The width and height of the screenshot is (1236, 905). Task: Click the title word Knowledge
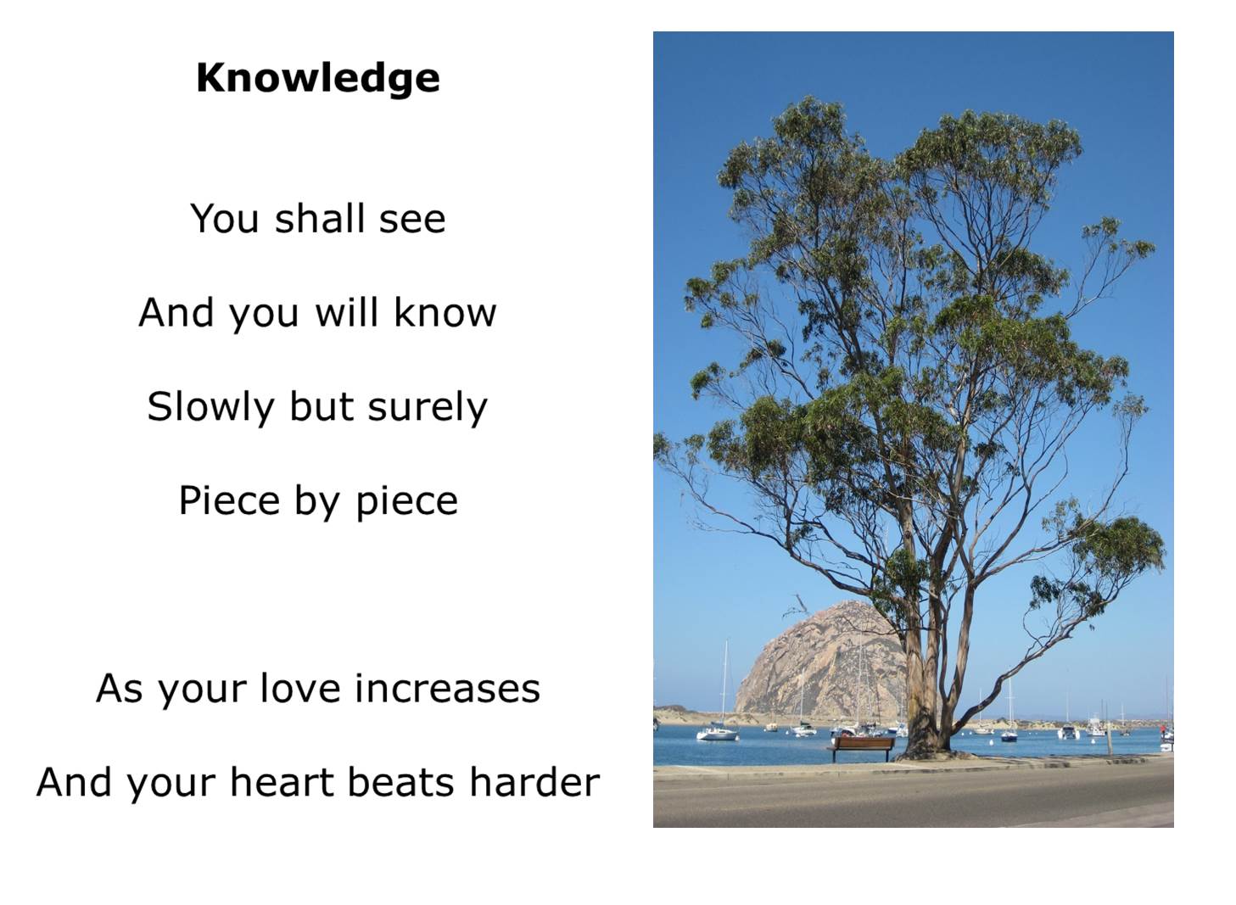click(318, 78)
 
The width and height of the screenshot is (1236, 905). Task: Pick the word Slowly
click(210, 409)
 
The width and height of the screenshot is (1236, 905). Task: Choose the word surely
click(428, 409)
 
